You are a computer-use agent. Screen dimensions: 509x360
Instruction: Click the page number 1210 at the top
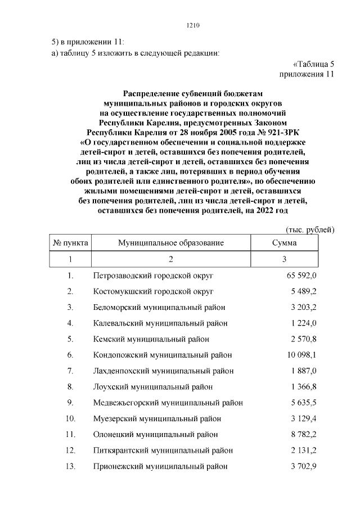pyautogui.click(x=193, y=25)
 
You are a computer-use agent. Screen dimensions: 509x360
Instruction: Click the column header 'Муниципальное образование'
pyautogui.click(x=171, y=243)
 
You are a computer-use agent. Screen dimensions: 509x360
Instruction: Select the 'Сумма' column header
pyautogui.click(x=284, y=243)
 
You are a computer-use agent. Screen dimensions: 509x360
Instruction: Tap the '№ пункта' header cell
pyautogui.click(x=70, y=243)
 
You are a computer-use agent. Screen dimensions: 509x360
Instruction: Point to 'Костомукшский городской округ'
pyautogui.click(x=154, y=291)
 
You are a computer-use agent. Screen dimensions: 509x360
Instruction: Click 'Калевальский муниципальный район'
pyautogui.click(x=159, y=323)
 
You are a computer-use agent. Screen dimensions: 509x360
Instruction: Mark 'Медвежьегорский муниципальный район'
pyautogui.click(x=168, y=403)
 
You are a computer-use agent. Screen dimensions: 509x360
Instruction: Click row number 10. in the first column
pyautogui.click(x=70, y=419)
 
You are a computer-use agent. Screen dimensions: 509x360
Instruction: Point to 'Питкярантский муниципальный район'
pyautogui.click(x=163, y=451)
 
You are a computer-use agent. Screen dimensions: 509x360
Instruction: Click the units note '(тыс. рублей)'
pyautogui.click(x=310, y=229)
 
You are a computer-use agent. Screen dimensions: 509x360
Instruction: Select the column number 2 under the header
pyautogui.click(x=171, y=259)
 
